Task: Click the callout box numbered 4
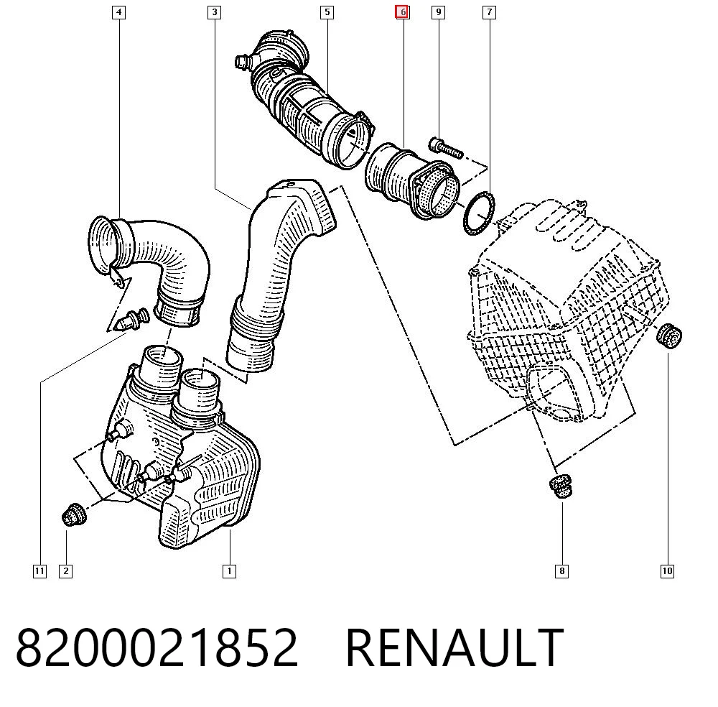(x=119, y=12)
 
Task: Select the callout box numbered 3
(x=214, y=12)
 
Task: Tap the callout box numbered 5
(x=327, y=12)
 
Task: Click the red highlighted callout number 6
(x=403, y=12)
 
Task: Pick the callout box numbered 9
(x=439, y=12)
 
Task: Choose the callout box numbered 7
(x=490, y=12)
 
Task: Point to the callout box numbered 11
(x=39, y=571)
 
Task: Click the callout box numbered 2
(x=66, y=571)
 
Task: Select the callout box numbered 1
(x=230, y=571)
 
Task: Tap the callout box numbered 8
(x=562, y=571)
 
